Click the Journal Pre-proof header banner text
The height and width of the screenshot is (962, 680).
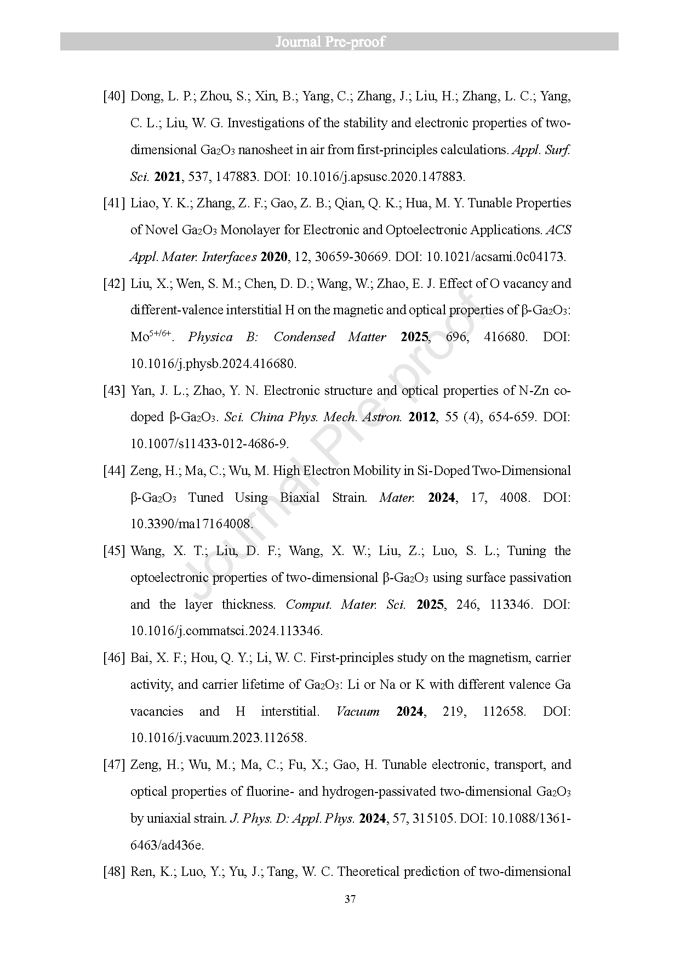(x=330, y=42)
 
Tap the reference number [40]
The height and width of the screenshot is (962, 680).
(x=114, y=97)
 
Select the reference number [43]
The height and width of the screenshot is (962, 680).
(x=114, y=391)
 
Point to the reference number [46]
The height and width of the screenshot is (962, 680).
(x=114, y=658)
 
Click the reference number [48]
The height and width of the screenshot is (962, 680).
(x=114, y=872)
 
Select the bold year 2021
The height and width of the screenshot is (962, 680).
(x=168, y=177)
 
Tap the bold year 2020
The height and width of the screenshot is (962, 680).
(x=274, y=257)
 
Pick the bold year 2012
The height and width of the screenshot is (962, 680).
(x=422, y=417)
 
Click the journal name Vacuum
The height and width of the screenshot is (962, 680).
(x=358, y=711)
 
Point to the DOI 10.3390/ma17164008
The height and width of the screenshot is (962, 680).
(x=192, y=524)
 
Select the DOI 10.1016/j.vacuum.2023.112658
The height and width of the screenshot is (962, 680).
(x=218, y=738)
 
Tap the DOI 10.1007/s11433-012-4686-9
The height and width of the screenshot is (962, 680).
(x=209, y=444)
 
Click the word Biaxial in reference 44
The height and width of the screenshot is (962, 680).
(x=300, y=497)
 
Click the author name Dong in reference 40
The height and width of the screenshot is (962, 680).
(x=146, y=97)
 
